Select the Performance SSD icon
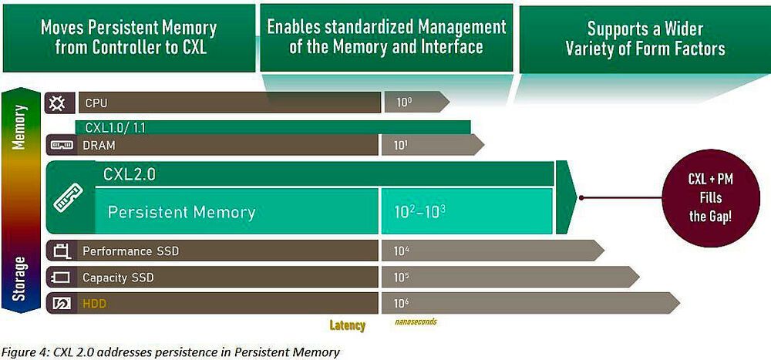(x=61, y=251)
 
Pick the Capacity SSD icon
(x=61, y=277)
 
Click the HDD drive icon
(x=61, y=304)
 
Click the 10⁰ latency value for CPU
(x=406, y=102)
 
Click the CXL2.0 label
(x=130, y=175)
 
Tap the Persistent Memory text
(x=181, y=211)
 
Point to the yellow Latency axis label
(x=347, y=325)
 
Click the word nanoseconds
(x=415, y=321)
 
